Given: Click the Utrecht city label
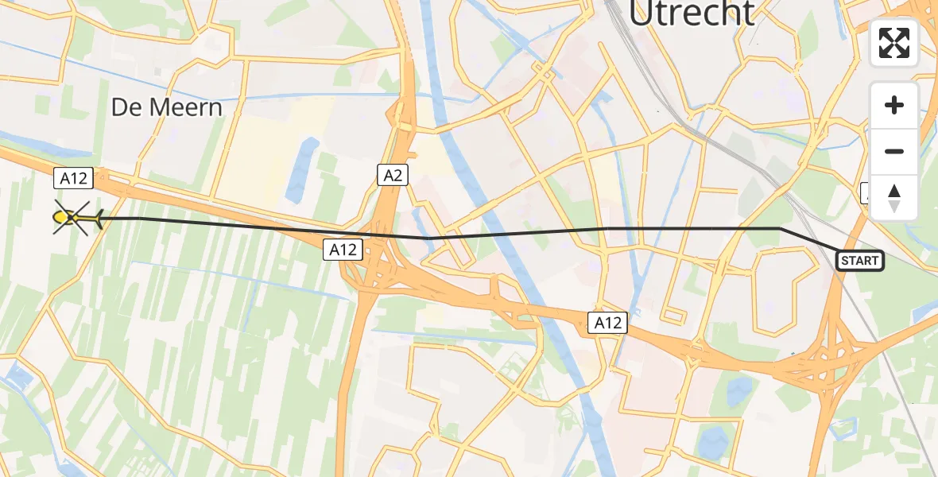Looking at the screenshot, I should pyautogui.click(x=691, y=14).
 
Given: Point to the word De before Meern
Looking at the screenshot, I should pyautogui.click(x=126, y=107).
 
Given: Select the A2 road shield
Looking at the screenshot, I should pyautogui.click(x=393, y=175).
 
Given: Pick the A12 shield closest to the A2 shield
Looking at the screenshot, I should pyautogui.click(x=343, y=250).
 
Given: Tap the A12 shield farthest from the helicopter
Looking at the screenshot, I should pyautogui.click(x=607, y=323).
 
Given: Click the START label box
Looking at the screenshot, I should pyautogui.click(x=859, y=261).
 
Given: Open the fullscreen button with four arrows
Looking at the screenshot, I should pyautogui.click(x=894, y=43).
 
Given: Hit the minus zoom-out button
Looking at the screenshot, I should pyautogui.click(x=894, y=151).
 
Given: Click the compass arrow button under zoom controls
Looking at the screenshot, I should pyautogui.click(x=894, y=197).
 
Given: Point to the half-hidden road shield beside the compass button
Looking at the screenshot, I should pyautogui.click(x=865, y=192).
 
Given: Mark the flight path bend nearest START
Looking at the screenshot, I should pyautogui.click(x=780, y=229).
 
